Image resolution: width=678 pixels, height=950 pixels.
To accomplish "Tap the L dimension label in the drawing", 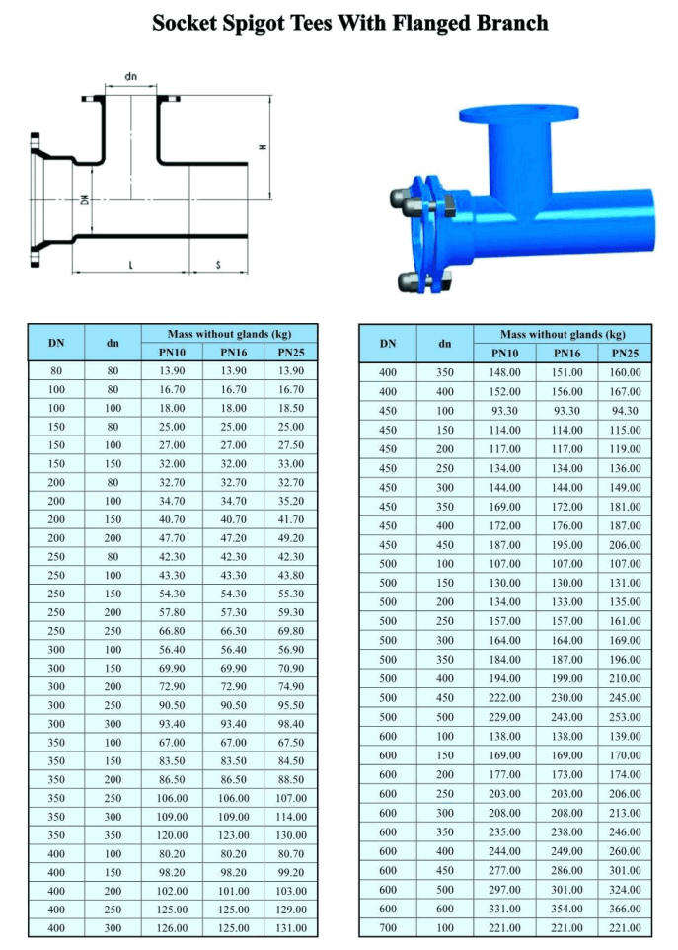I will (x=130, y=265).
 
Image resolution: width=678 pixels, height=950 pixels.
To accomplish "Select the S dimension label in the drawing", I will (x=217, y=265).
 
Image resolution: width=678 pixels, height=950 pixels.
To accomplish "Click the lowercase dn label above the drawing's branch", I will (x=130, y=76).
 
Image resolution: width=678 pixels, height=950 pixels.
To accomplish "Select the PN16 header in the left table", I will (x=233, y=353).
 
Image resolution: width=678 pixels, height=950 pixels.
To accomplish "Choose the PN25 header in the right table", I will (x=625, y=354).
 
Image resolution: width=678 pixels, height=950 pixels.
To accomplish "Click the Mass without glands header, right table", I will (x=563, y=335).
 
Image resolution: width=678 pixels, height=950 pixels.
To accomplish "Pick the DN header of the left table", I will (x=56, y=343).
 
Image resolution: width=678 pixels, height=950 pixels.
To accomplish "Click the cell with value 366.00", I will (x=625, y=909).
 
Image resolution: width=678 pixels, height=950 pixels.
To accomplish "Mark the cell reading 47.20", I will (x=233, y=537).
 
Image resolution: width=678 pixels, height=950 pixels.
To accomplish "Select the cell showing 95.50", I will (x=291, y=705).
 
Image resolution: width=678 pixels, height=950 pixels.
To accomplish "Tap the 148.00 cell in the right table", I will (x=504, y=372).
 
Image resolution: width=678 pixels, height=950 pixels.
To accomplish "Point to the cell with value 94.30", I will (x=625, y=411).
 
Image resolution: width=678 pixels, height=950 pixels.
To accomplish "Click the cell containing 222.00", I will (x=504, y=698).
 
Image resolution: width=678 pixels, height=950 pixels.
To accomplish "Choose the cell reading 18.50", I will (x=291, y=408).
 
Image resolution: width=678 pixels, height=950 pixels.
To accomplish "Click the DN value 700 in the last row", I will (x=388, y=927).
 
